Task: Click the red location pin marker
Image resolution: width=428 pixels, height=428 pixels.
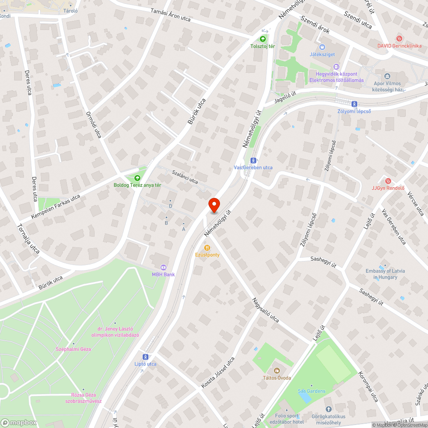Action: (214, 205)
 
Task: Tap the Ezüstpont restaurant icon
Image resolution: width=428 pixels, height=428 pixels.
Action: (207, 247)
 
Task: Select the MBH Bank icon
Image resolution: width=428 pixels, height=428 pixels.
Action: (163, 267)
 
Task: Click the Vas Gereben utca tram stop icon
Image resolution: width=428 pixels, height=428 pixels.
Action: (253, 160)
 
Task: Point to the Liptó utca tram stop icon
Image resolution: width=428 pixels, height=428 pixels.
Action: (146, 357)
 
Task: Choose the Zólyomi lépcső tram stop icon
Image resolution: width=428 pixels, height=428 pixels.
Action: (354, 104)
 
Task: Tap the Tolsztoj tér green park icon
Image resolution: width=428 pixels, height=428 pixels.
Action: (262, 39)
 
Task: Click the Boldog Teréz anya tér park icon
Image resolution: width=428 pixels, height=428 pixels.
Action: (137, 178)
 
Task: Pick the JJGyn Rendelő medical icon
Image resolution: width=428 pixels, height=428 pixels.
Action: (388, 181)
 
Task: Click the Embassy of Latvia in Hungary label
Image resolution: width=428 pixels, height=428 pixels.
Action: (385, 274)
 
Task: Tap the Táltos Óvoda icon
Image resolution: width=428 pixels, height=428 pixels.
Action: (277, 370)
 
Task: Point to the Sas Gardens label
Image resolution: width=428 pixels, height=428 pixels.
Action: (311, 391)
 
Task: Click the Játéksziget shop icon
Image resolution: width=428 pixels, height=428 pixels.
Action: (322, 47)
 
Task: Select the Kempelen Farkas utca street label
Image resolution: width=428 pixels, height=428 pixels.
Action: (56, 207)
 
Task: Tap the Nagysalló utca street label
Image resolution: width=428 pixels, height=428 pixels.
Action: (265, 310)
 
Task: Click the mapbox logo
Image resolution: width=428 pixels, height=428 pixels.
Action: (19, 422)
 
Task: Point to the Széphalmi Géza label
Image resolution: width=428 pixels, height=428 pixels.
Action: (73, 349)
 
